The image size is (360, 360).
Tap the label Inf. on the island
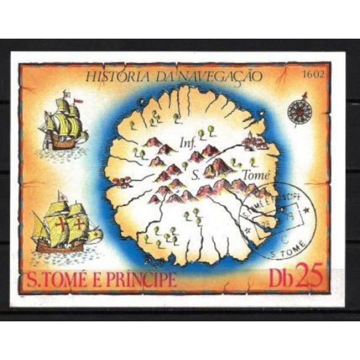(188, 143)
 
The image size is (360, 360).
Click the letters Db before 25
(278, 276)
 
